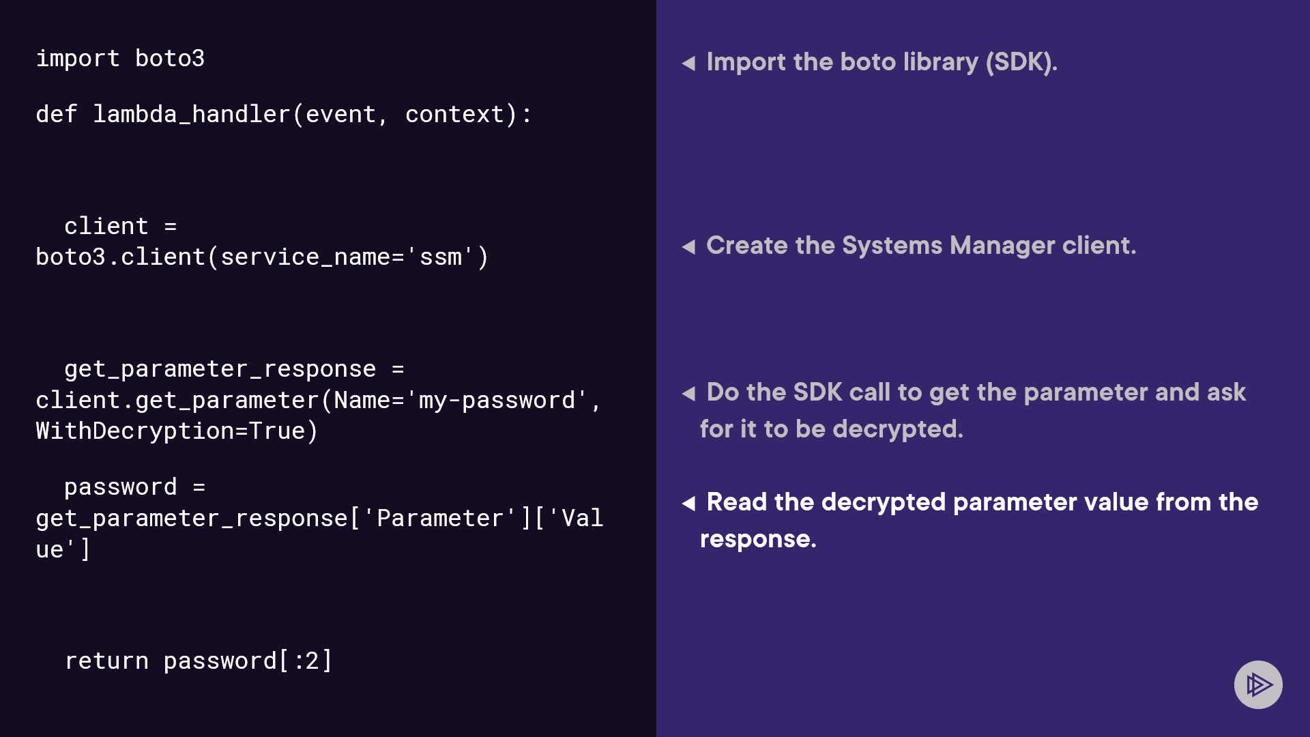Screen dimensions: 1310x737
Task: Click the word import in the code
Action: click(x=78, y=59)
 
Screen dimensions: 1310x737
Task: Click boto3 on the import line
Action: click(x=170, y=59)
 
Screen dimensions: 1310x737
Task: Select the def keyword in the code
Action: click(x=57, y=114)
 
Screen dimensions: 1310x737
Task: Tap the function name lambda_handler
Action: click(x=192, y=115)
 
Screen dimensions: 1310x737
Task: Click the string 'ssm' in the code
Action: click(x=441, y=257)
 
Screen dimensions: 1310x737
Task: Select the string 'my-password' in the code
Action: click(x=497, y=401)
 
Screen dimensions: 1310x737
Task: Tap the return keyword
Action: click(x=106, y=661)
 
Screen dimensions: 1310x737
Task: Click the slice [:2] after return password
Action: click(x=306, y=661)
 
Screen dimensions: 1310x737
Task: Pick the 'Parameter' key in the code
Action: click(x=440, y=519)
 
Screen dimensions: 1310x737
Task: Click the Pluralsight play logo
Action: click(x=1258, y=684)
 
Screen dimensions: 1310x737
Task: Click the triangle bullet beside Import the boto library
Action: click(x=688, y=63)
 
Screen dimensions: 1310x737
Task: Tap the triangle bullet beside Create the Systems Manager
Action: click(x=688, y=246)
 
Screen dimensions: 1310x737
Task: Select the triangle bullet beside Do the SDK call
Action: click(x=688, y=393)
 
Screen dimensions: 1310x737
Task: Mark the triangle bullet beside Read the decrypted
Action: click(x=688, y=504)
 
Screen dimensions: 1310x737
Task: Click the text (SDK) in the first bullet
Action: click(x=1021, y=62)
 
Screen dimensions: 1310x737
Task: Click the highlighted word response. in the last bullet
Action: click(x=758, y=540)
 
